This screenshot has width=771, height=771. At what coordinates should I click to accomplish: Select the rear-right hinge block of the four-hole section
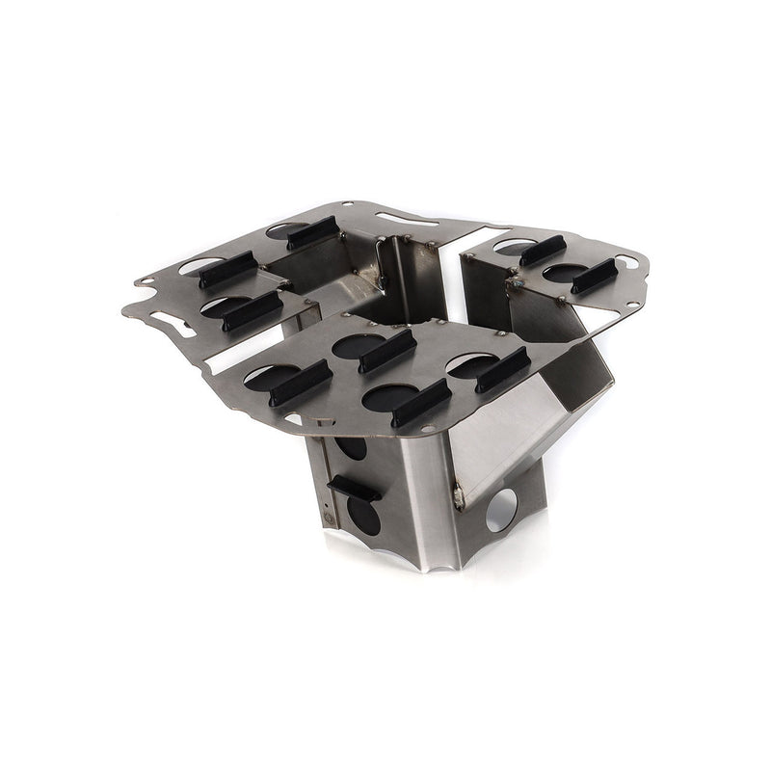click(501, 368)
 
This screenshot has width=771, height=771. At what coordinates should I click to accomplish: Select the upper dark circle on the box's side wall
click(352, 450)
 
